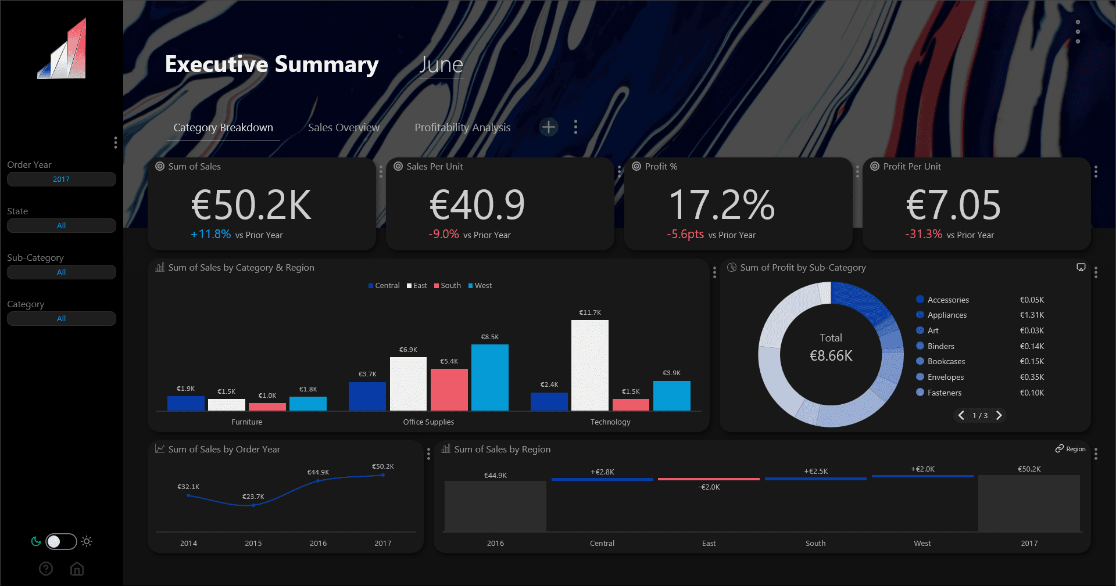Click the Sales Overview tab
click(344, 128)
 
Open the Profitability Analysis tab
click(462, 128)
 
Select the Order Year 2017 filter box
click(61, 179)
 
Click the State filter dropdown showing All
click(61, 226)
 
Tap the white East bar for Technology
click(589, 365)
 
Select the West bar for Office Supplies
click(489, 378)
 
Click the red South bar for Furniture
click(267, 407)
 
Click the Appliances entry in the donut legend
click(947, 315)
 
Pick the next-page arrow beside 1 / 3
click(999, 415)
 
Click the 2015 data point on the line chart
click(253, 505)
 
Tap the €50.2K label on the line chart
click(382, 466)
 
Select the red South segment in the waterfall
click(709, 479)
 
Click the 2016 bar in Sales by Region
click(495, 506)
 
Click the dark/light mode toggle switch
click(61, 541)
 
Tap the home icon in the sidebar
click(77, 569)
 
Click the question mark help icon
click(46, 569)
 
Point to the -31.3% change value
click(923, 234)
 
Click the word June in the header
click(441, 64)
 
